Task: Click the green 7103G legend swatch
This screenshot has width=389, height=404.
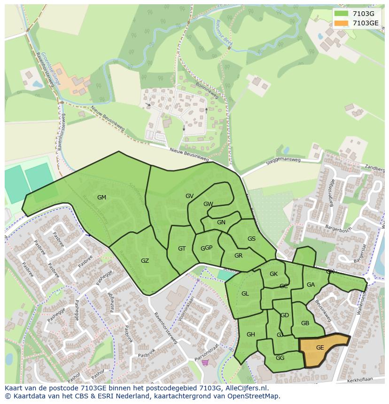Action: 341,13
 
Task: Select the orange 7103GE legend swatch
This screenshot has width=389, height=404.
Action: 341,23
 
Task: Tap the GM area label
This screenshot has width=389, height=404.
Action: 101,198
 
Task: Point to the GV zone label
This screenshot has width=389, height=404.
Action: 189,196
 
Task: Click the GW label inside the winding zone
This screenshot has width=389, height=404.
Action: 208,204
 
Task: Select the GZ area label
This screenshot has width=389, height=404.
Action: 145,261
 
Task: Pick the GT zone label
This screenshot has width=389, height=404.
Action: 182,249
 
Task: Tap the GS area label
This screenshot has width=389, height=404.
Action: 251,239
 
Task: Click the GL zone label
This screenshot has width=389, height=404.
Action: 245,294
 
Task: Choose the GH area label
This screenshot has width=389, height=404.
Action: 250,335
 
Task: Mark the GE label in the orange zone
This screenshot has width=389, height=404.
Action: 320,348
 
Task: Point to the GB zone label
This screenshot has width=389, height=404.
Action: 305,323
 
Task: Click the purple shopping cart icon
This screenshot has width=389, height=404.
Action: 205,363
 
